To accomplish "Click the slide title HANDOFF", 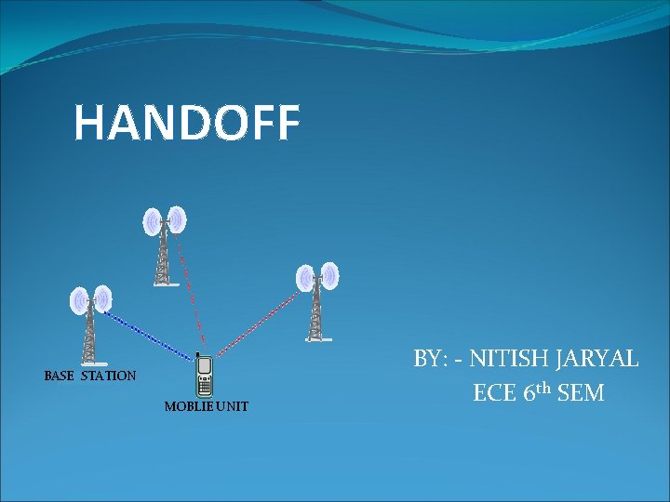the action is tap(187, 123).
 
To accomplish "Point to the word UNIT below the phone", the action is tap(233, 407).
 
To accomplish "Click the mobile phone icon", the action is tap(204, 376).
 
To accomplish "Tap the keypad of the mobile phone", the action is tap(204, 386).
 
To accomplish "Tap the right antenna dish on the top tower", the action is tap(177, 219).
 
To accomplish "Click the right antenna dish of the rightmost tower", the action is tap(330, 275).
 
